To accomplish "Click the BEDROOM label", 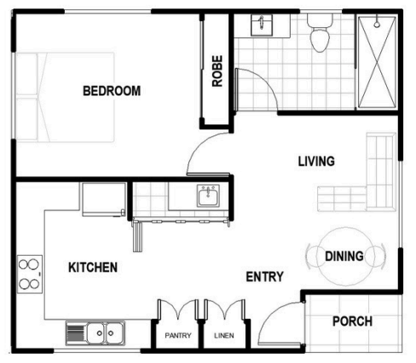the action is click(x=112, y=91).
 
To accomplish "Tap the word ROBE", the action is click(x=217, y=71).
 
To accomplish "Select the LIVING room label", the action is click(x=316, y=161).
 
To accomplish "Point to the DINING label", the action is click(x=344, y=256).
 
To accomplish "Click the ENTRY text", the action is click(x=264, y=277).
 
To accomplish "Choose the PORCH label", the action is click(x=352, y=321).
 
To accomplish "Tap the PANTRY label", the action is click(x=178, y=336).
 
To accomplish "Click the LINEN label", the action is click(x=224, y=336).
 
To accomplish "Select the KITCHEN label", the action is click(x=93, y=268).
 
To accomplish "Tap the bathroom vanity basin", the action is click(x=262, y=26).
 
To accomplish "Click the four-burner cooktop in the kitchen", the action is click(x=30, y=274).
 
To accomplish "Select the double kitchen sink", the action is click(x=95, y=333).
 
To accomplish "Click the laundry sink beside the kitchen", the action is click(x=208, y=196).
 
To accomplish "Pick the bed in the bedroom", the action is click(x=65, y=97).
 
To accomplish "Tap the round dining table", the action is click(x=345, y=256).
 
